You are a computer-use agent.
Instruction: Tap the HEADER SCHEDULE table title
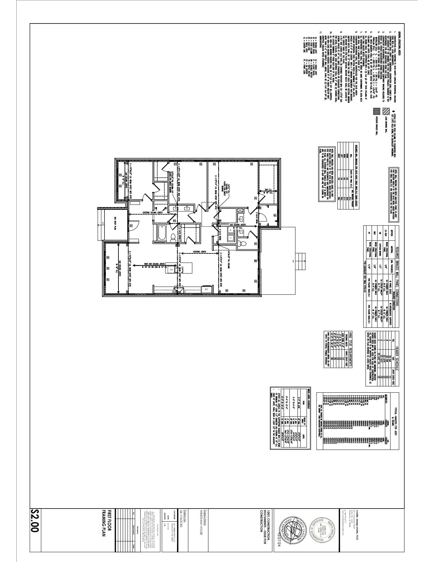[397, 356]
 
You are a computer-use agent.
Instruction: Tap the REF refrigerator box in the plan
[206, 289]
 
